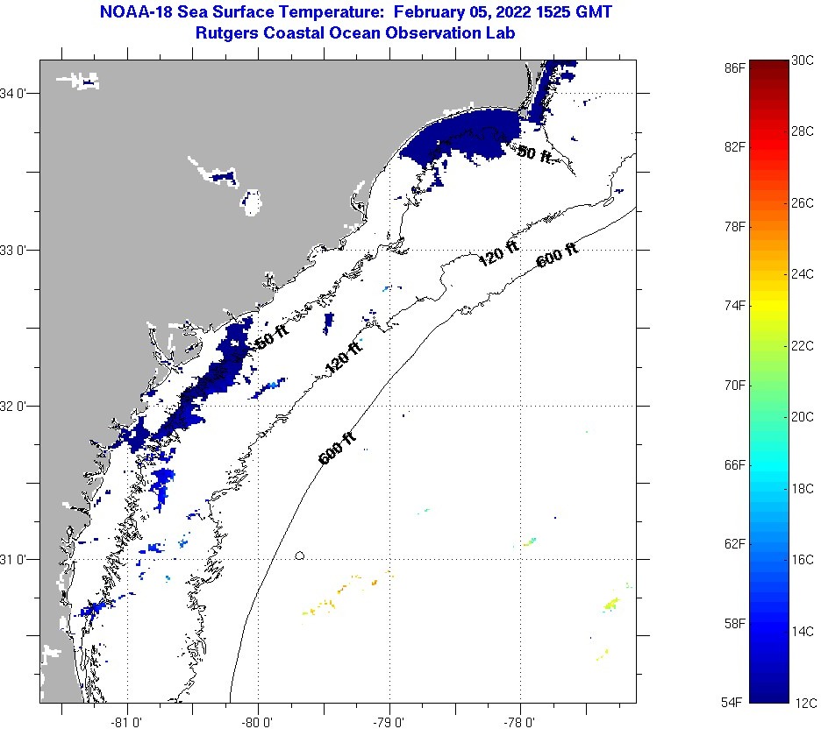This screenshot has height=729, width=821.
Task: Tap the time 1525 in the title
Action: click(x=561, y=12)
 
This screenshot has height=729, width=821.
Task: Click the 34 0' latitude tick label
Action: click(x=18, y=93)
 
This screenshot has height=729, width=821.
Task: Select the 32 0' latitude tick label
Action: click(x=18, y=406)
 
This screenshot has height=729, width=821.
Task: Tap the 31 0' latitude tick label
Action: click(x=18, y=559)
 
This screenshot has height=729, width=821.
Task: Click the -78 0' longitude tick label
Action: click(x=520, y=721)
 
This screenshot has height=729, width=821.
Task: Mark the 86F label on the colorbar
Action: click(x=736, y=67)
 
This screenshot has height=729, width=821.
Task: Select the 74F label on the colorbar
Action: click(x=736, y=305)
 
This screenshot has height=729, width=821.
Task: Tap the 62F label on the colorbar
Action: click(x=736, y=543)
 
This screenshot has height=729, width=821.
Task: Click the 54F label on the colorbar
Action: click(x=736, y=702)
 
